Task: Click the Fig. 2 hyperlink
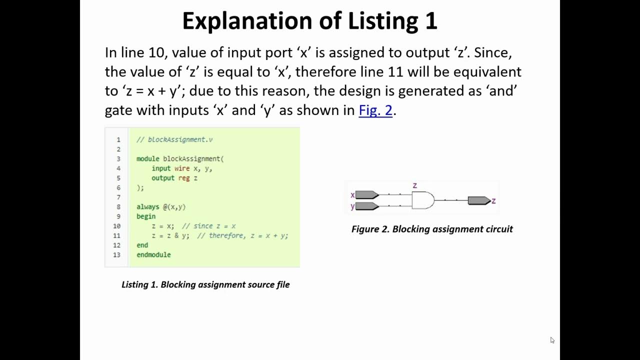[x=375, y=110]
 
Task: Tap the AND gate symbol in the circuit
[x=422, y=200]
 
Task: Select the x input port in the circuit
[x=366, y=194]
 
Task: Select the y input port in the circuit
[x=366, y=206]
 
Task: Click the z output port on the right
[x=478, y=200]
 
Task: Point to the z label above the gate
[x=414, y=185]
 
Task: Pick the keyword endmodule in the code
[x=153, y=254]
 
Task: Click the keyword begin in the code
[x=146, y=216]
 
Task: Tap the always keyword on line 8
[x=148, y=206]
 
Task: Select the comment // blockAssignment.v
[x=174, y=139]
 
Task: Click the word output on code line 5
[x=163, y=178]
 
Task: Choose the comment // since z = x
[x=208, y=226]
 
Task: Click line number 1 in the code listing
[x=118, y=139]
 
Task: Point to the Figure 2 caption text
[x=432, y=229]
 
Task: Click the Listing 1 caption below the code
[x=205, y=284]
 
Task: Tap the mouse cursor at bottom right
[x=552, y=340]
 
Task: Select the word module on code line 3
[x=147, y=158]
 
